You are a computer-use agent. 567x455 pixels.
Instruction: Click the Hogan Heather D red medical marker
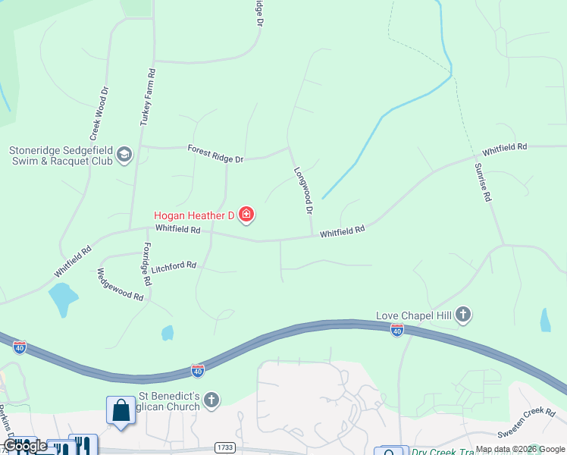coord(246,215)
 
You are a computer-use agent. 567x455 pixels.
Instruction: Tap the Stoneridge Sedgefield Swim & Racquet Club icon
coord(124,155)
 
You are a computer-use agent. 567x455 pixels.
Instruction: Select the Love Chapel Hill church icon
coord(463,315)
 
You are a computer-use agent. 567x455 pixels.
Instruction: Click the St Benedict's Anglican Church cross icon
coord(211,399)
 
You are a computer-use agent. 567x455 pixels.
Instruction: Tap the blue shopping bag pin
coord(121,412)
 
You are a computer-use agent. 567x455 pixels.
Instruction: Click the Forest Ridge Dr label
coord(215,154)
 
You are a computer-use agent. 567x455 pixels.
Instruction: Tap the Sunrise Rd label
coord(483,182)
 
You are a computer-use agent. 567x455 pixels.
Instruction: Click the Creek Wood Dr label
coord(100,115)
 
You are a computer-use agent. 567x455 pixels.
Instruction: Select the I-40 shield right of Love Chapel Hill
coord(396,330)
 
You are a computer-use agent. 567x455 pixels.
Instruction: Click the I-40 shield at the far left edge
coord(20,347)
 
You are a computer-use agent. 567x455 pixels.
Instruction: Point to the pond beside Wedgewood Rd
coord(62,298)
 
